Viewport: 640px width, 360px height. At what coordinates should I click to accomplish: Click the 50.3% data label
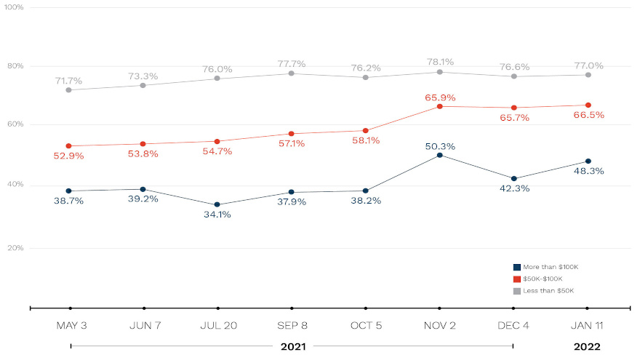[x=439, y=147]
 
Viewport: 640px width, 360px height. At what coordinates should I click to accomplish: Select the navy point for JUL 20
[x=217, y=205]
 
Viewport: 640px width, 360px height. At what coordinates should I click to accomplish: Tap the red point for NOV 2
[x=439, y=106]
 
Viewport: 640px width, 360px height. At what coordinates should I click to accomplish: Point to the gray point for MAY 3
[x=69, y=90]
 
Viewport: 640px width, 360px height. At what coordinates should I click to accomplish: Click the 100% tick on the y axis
[x=15, y=7]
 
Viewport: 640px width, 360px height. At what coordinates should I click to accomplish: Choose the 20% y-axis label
[x=15, y=248]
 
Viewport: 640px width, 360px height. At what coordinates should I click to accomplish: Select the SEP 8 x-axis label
[x=291, y=325]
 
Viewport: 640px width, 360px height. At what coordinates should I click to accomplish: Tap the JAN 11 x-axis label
[x=587, y=325]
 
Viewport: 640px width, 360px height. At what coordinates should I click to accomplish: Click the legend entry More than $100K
[x=543, y=267]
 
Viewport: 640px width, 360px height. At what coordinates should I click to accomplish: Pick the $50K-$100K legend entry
[x=537, y=279]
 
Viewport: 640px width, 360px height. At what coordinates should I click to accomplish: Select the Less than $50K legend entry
[x=543, y=291]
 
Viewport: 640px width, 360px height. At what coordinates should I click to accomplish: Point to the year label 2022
[x=587, y=346]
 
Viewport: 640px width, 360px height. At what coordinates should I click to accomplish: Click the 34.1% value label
[x=217, y=215]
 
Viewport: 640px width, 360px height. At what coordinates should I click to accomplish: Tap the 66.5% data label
[x=589, y=115]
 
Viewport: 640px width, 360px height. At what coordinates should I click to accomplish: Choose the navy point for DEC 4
[x=513, y=178]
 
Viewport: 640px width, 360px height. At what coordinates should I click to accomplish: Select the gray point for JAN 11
[x=588, y=75]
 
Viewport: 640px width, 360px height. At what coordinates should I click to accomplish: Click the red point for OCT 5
[x=365, y=131]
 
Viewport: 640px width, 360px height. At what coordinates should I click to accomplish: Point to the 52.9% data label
[x=69, y=156]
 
